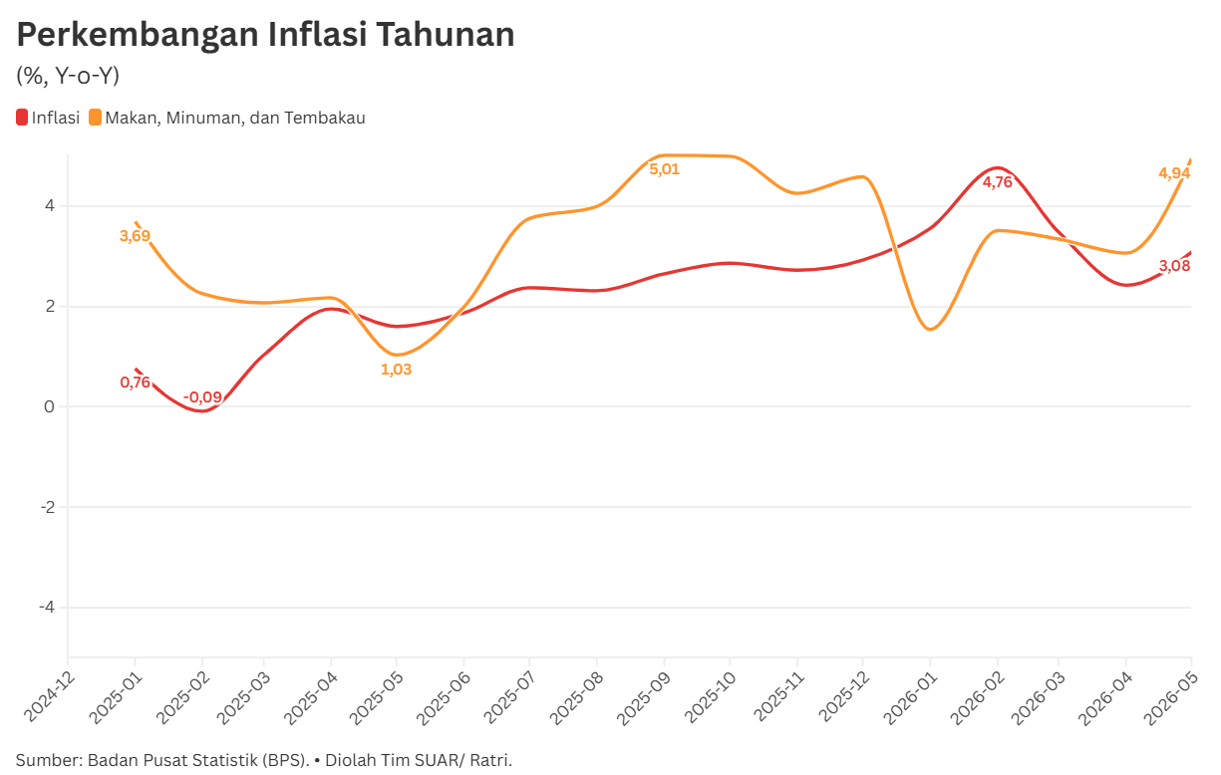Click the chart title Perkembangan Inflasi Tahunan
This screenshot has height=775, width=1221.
click(265, 35)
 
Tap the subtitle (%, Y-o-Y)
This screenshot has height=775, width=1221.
click(68, 76)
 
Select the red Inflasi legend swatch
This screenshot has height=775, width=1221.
click(22, 118)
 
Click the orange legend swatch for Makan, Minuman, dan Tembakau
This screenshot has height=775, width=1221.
click(95, 118)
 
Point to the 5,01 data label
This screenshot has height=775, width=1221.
click(665, 169)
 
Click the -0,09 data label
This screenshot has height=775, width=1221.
click(202, 397)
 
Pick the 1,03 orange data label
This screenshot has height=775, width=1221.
click(397, 370)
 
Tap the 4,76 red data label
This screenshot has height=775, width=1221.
click(998, 182)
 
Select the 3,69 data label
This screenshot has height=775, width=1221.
click(135, 236)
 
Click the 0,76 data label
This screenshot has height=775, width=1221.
click(136, 383)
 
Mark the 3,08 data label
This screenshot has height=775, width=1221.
click(1175, 266)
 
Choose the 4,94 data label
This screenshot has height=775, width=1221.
click(1175, 173)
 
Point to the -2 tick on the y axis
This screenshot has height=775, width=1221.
click(48, 507)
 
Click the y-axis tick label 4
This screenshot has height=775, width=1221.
click(50, 206)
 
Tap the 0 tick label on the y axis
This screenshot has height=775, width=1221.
click(50, 406)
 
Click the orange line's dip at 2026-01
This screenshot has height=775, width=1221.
click(930, 329)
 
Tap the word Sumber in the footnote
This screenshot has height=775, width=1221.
click(48, 760)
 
